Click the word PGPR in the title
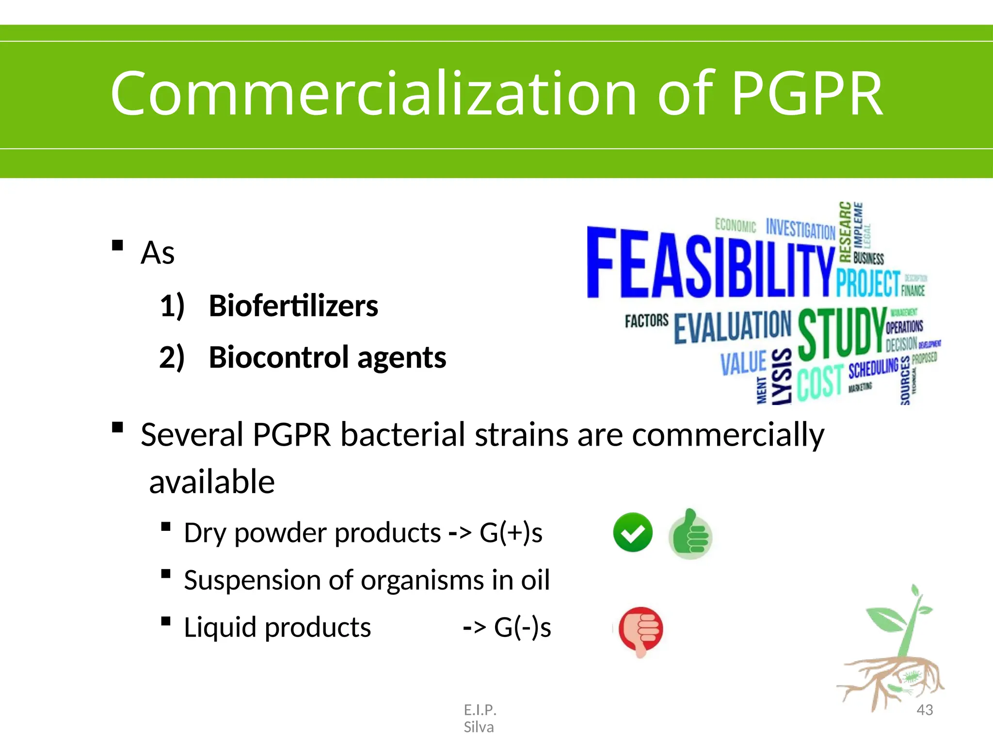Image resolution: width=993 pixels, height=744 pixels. point(807,93)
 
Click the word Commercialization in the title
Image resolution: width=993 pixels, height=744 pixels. point(373,93)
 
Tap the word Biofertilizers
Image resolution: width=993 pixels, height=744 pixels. point(293,306)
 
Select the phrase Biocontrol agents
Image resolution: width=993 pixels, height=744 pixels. point(327,357)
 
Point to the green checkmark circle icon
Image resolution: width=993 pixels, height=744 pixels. point(632,532)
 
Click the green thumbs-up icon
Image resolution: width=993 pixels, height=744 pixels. point(690,534)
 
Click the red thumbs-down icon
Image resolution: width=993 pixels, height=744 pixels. point(641,630)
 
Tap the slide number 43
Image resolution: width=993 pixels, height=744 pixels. point(925,710)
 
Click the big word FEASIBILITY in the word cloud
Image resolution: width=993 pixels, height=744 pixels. point(710,264)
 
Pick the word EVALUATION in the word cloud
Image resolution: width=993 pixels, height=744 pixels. point(732,327)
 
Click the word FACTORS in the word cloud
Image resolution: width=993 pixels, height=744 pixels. point(646,321)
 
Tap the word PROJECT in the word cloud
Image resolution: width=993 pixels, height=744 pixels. point(868,283)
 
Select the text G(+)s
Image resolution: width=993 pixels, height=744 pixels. point(511,533)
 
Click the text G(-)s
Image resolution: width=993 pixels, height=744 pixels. point(522,628)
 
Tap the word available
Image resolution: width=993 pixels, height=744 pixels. point(212,482)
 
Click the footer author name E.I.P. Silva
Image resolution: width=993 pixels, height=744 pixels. point(480,718)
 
